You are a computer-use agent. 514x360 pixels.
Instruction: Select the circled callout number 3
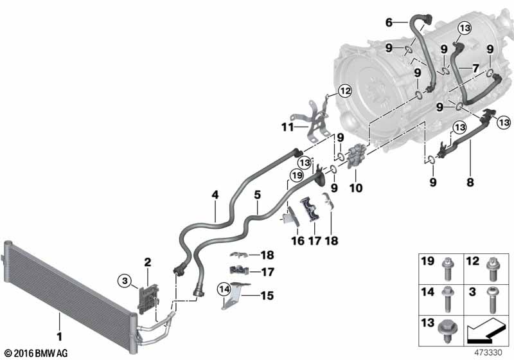(125, 280)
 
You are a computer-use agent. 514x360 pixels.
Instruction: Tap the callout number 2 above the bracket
(147, 262)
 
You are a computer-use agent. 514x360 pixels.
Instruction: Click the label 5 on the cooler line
(256, 193)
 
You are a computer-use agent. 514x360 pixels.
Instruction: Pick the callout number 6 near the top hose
(388, 22)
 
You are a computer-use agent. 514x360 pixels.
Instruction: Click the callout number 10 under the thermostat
(355, 188)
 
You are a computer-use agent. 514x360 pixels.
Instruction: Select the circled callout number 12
(345, 92)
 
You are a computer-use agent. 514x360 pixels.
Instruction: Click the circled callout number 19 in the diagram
(296, 174)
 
